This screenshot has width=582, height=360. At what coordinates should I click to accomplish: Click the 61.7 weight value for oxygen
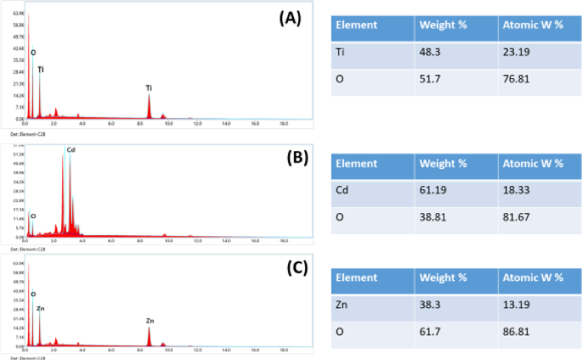[432, 335]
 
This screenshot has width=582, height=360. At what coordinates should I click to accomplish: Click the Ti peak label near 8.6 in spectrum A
[149, 87]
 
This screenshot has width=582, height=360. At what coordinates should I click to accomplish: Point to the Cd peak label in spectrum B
[71, 150]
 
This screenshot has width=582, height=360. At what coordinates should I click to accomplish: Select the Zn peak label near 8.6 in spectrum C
[150, 321]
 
